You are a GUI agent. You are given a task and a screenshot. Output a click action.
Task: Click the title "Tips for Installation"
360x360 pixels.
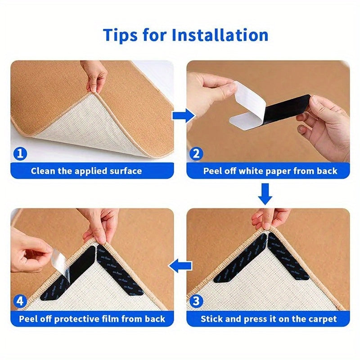(185, 35)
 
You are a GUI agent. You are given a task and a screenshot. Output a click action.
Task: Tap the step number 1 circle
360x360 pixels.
(20, 154)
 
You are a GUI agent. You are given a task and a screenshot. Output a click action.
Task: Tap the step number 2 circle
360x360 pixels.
(196, 154)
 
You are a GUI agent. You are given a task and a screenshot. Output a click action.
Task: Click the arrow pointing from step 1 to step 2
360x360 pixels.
(183, 116)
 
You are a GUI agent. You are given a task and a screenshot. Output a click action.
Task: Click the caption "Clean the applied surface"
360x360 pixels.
(86, 171)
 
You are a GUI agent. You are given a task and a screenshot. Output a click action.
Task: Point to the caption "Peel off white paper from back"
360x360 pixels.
(270, 171)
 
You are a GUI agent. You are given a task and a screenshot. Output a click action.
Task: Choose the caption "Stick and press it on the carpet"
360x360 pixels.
(268, 319)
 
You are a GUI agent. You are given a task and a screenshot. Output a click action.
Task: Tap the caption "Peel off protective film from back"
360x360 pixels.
(92, 319)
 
